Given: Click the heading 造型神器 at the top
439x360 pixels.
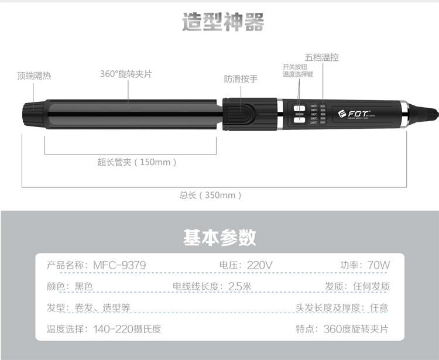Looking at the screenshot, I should click(223, 22).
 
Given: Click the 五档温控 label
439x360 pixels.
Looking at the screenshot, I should click(321, 57).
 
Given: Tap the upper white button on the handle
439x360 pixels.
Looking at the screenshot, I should click(300, 108).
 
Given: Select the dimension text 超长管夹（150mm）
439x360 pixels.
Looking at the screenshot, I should click(136, 162).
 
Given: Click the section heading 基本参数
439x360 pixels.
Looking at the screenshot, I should click(220, 238).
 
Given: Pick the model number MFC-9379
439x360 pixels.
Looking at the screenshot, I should click(119, 265).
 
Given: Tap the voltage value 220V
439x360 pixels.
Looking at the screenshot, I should click(259, 265).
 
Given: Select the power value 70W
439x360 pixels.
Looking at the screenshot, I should click(378, 265).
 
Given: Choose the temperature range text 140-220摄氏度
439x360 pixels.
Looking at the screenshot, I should click(127, 329).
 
